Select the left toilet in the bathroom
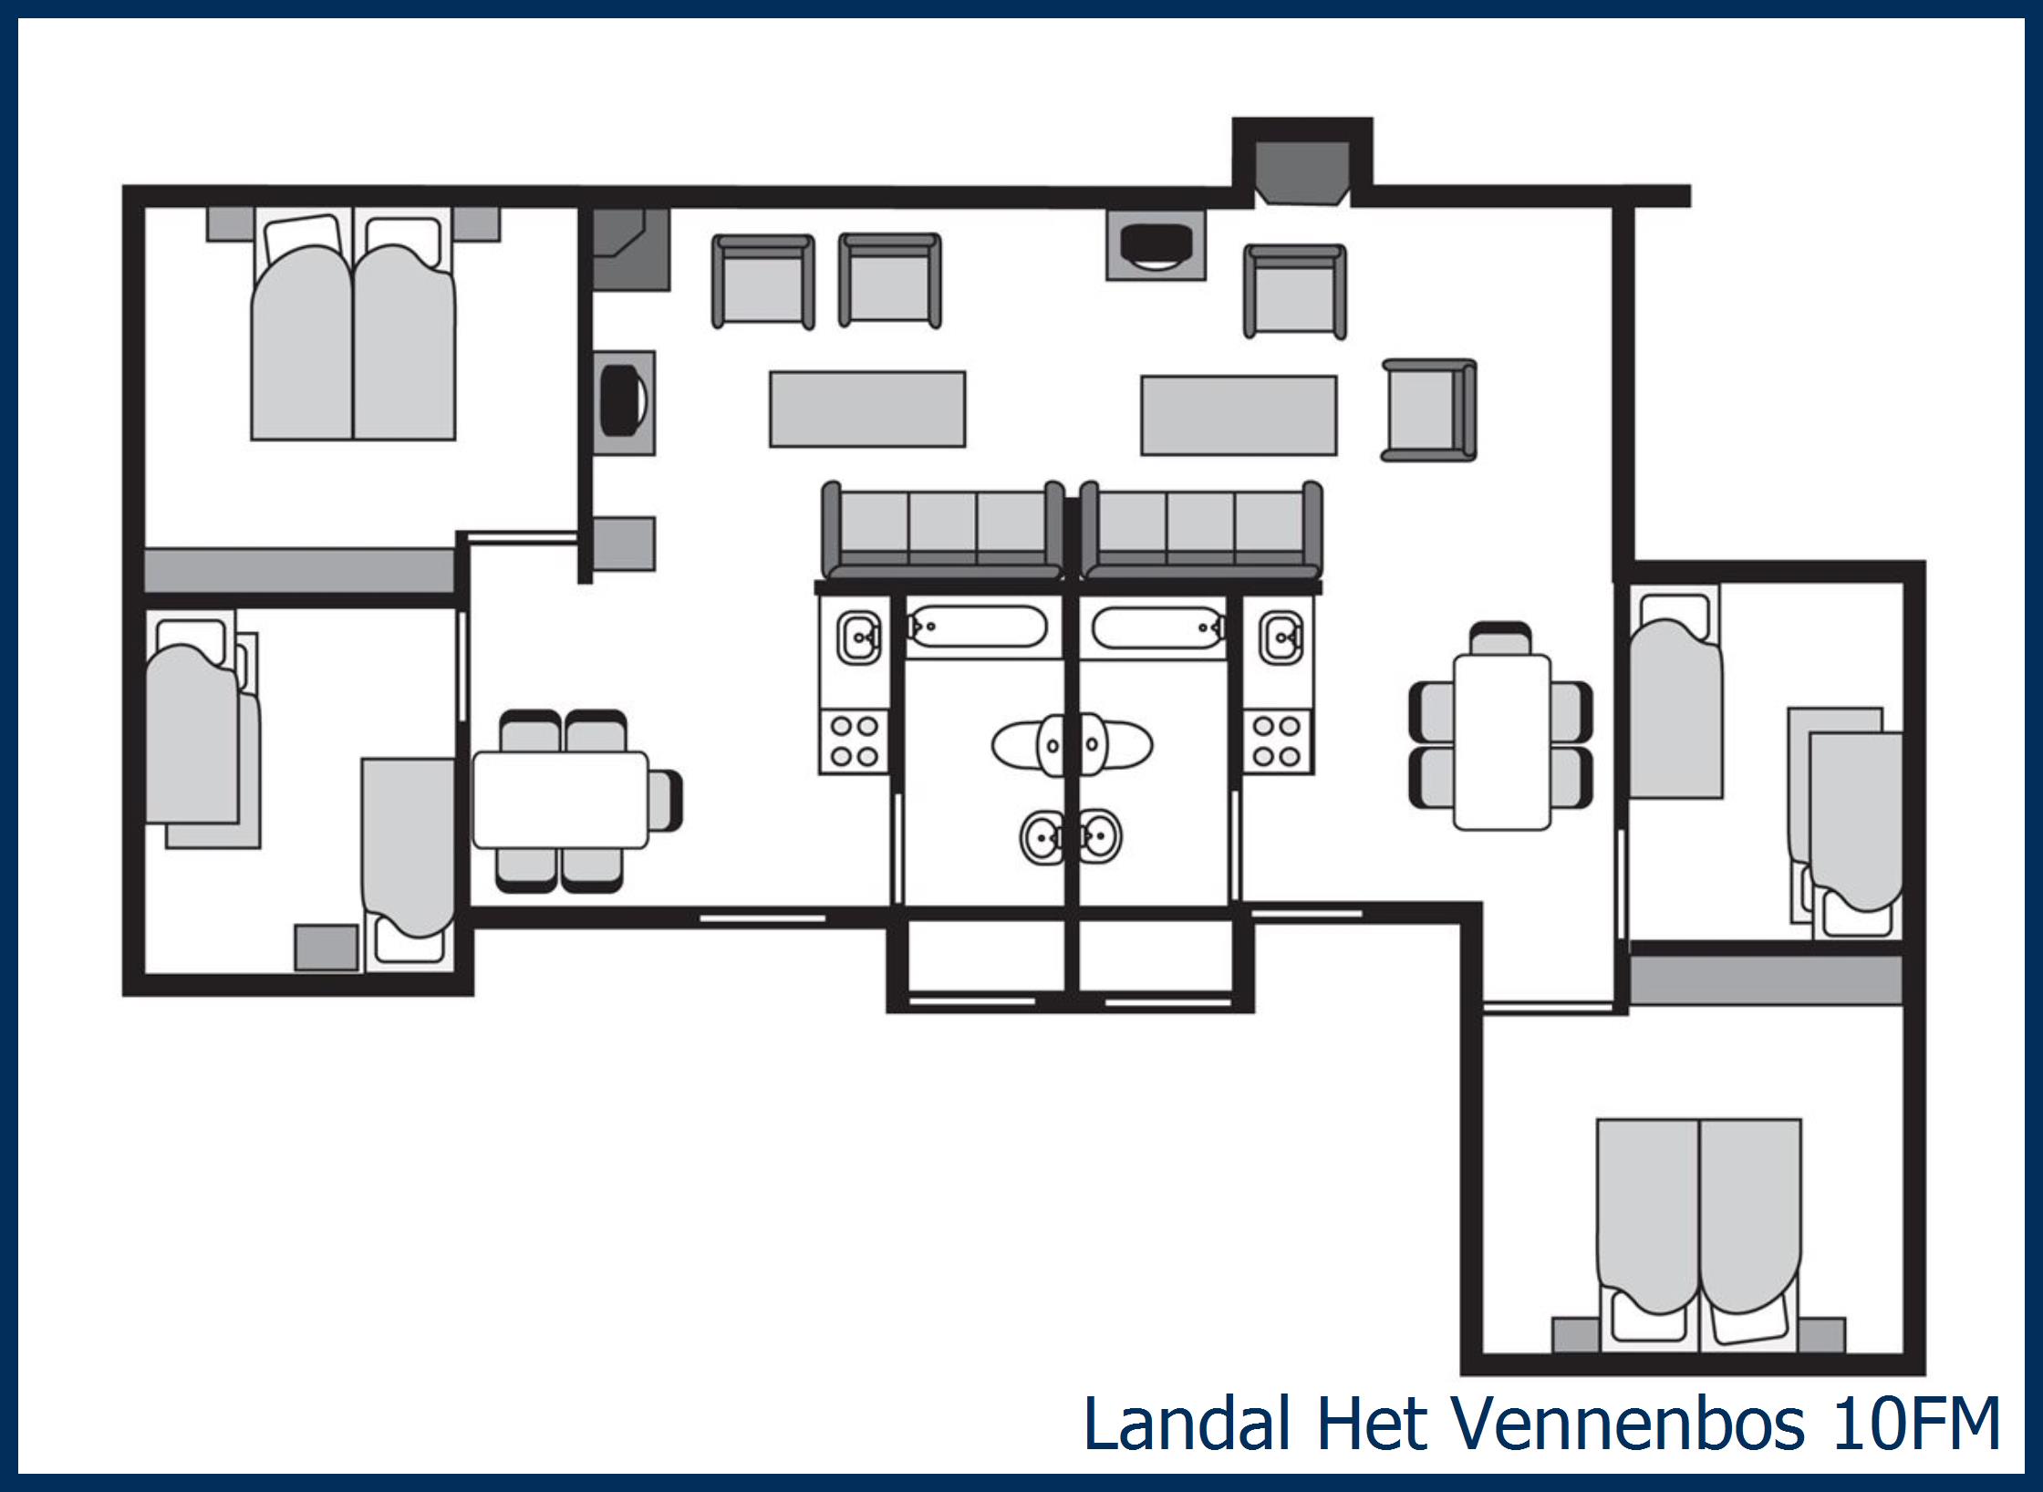click(1027, 745)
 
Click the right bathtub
click(1156, 627)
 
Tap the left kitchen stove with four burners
click(854, 741)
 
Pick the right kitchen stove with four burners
click(1277, 741)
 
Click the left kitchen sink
click(856, 637)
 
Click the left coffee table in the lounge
click(866, 409)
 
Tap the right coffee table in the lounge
click(1238, 415)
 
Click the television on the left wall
click(625, 401)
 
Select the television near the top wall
click(1156, 246)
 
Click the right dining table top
click(1501, 741)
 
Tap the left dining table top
click(560, 799)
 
